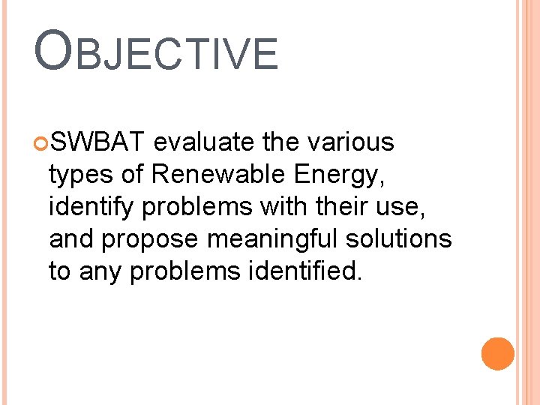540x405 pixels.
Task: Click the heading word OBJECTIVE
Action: pos(156,52)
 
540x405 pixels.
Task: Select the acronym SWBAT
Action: pos(102,142)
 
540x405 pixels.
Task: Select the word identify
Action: pos(88,207)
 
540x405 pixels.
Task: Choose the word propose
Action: pos(151,240)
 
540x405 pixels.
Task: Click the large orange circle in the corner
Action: pos(497,354)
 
